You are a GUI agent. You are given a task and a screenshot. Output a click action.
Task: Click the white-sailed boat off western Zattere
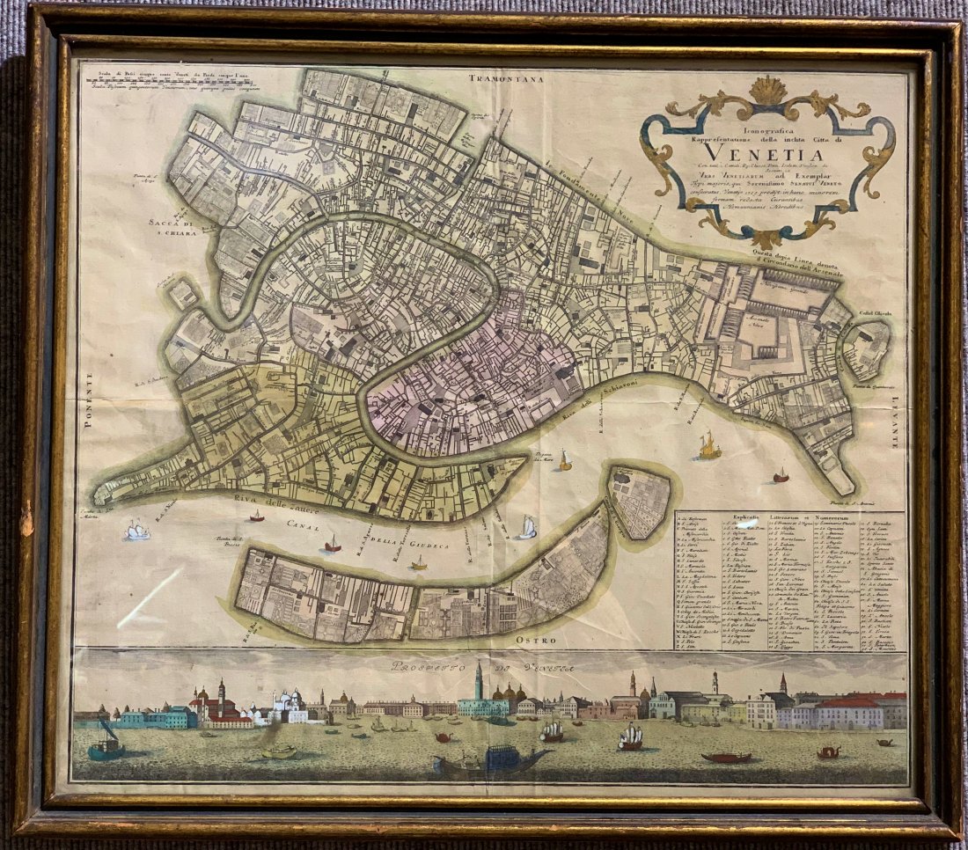tap(137, 530)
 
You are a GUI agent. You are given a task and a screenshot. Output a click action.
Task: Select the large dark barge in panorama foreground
tap(489, 758)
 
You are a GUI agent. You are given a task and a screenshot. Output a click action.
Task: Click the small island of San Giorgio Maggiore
tap(641, 499)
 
